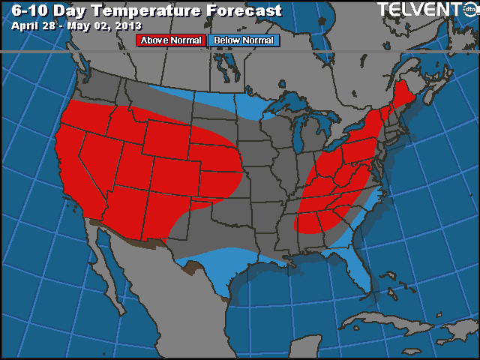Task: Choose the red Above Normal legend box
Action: [x=170, y=40]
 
